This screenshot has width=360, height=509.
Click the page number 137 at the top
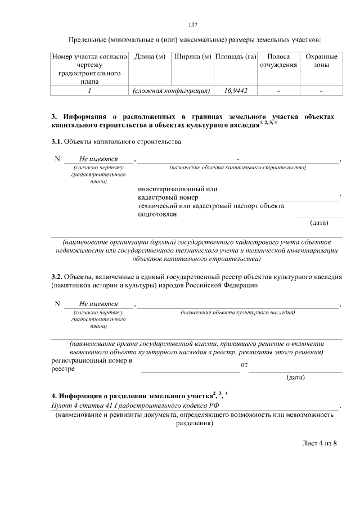tap(192, 25)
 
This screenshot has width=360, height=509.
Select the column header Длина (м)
tap(149, 57)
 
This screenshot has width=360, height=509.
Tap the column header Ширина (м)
tap(192, 57)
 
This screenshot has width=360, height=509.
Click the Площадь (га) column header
tap(236, 57)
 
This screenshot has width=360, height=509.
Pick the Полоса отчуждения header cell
tap(278, 61)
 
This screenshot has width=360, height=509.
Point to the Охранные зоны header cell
tap(321, 61)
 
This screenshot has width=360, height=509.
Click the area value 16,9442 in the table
tap(236, 90)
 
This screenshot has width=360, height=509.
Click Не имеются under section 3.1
tap(98, 159)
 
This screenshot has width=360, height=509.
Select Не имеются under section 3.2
tap(98, 304)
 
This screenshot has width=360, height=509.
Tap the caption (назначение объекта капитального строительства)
tap(237, 168)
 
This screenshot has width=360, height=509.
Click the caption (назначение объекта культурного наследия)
tap(237, 312)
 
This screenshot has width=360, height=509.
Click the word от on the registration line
tap(244, 365)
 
